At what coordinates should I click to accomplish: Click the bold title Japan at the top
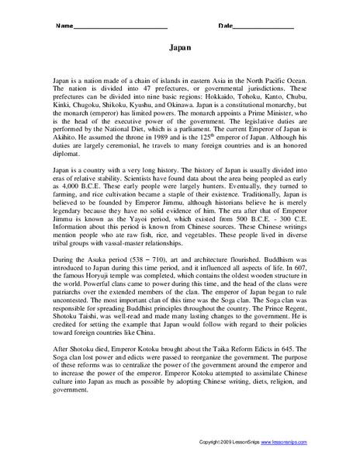[x=180, y=47]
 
